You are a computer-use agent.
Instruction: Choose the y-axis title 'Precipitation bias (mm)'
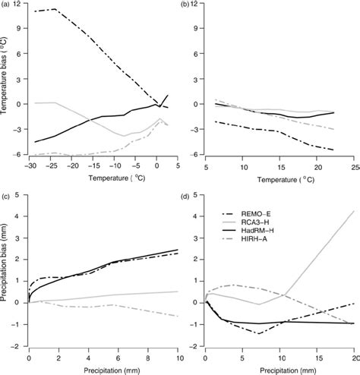[x=5, y=272]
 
